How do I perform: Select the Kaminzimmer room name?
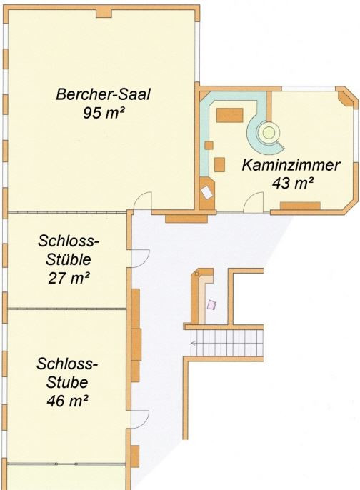(290, 165)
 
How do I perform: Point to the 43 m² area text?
(294, 182)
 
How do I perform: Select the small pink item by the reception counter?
(211, 304)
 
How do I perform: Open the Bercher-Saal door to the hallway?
(145, 203)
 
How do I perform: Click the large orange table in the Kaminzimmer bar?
(230, 114)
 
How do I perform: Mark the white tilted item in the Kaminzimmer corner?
(208, 192)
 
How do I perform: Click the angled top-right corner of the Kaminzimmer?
(349, 99)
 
